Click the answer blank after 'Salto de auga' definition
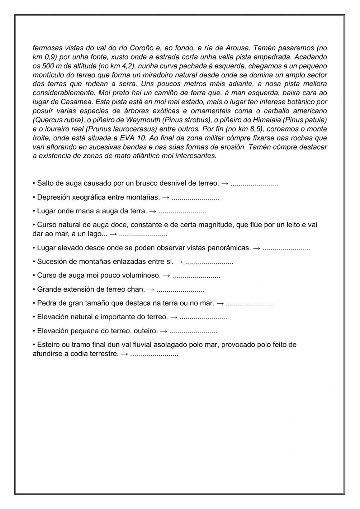pos(255,184)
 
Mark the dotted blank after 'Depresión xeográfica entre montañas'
pos(195,197)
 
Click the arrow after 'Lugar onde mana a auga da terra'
pos(153,211)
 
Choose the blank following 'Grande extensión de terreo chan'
pos(181,290)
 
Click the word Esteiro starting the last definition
pos(49,344)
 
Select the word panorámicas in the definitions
pos(232,248)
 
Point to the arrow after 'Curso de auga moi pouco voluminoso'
pos(166,276)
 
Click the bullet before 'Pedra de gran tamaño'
pos(34,303)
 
